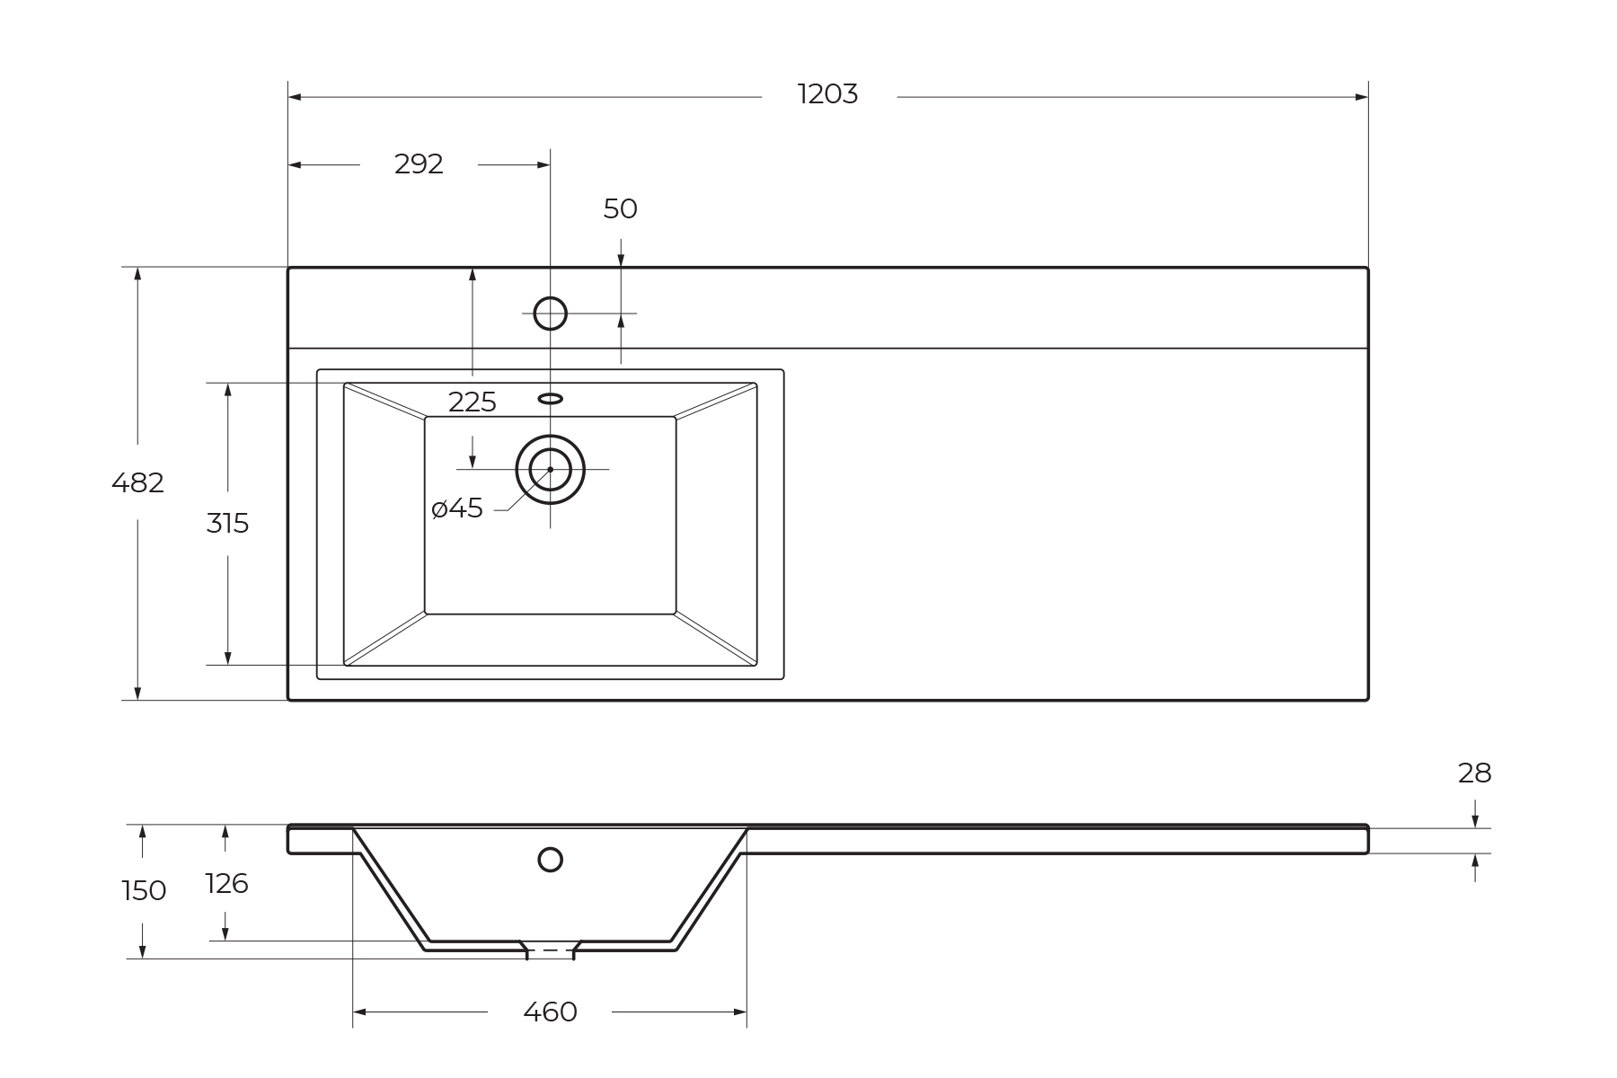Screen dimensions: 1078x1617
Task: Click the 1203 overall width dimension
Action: pos(827,94)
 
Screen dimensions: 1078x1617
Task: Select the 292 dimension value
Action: pos(419,164)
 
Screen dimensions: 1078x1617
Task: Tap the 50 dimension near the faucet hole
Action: pos(620,209)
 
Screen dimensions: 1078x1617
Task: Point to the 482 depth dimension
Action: pos(137,483)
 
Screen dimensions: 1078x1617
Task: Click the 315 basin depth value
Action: pos(227,523)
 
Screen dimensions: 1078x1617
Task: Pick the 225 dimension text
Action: pos(472,402)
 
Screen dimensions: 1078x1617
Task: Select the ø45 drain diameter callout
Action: pos(457,508)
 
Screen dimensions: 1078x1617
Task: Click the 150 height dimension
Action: pos(144,891)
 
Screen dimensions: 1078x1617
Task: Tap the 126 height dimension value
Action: pos(226,884)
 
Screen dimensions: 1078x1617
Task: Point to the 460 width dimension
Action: pos(550,1012)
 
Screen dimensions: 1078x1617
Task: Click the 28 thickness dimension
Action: pos(1474,773)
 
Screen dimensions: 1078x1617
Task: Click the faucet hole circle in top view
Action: pos(550,314)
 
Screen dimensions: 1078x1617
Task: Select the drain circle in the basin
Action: pos(550,469)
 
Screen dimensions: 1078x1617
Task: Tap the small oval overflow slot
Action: pos(550,398)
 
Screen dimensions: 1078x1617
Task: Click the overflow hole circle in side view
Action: pos(550,860)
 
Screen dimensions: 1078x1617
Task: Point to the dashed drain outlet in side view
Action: pos(550,950)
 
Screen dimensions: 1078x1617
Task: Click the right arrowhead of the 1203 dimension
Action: pos(1362,97)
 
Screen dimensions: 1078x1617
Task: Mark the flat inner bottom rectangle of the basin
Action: pos(550,557)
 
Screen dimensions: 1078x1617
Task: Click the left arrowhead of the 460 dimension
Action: pos(359,1012)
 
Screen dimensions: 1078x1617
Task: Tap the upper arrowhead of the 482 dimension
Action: pos(137,274)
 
